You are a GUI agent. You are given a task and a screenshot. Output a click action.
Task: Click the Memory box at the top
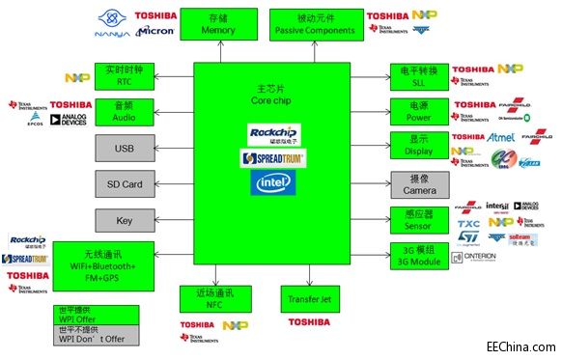(x=217, y=24)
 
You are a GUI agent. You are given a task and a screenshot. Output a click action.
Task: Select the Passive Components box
(x=315, y=24)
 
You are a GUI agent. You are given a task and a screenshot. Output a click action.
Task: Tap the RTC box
(x=123, y=75)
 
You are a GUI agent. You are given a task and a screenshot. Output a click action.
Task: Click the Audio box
(x=123, y=111)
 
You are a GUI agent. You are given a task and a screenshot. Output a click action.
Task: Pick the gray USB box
(x=123, y=148)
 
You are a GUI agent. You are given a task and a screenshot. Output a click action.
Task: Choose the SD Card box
(x=123, y=183)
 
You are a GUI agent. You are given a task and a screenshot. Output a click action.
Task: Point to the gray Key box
(x=123, y=219)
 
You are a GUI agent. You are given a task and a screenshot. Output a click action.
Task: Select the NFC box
(x=214, y=298)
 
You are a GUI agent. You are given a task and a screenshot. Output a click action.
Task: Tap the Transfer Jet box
(x=310, y=298)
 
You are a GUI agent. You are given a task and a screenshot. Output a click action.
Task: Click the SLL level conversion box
(x=418, y=76)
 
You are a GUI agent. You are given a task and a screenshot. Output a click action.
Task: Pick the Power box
(x=418, y=111)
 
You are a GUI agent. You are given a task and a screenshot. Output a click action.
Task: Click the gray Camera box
(x=418, y=183)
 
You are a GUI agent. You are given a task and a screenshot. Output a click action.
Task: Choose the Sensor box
(x=418, y=219)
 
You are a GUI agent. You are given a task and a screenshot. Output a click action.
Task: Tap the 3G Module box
(x=418, y=255)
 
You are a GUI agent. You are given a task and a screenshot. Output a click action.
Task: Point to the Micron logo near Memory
(x=155, y=31)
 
